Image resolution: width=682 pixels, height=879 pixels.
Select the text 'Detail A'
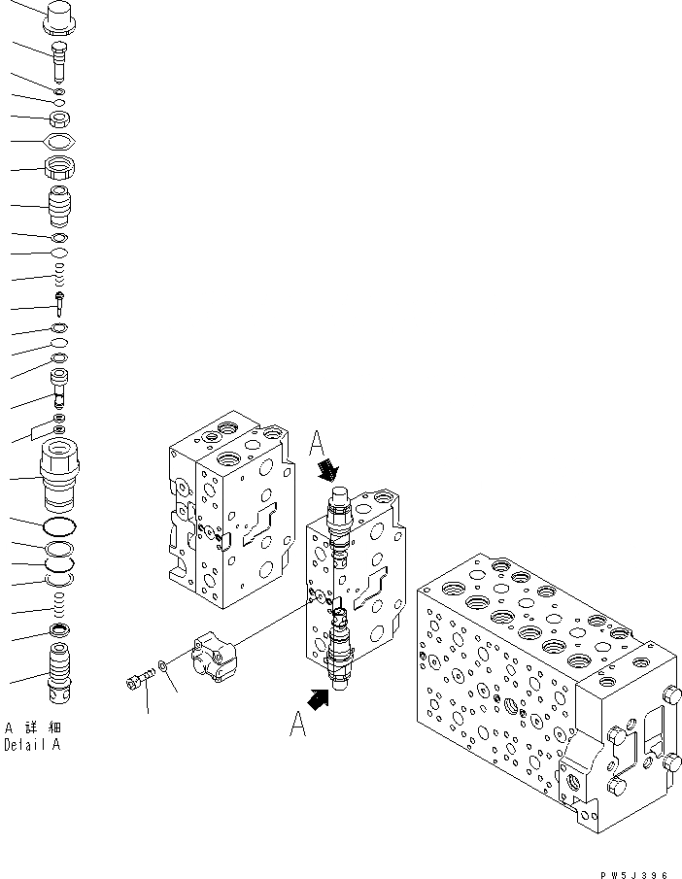pos(31,746)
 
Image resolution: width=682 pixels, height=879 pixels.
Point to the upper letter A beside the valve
pos(319,446)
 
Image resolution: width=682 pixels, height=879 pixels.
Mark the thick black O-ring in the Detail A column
pos(60,527)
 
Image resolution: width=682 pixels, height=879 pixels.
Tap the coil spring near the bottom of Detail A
pos(60,611)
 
